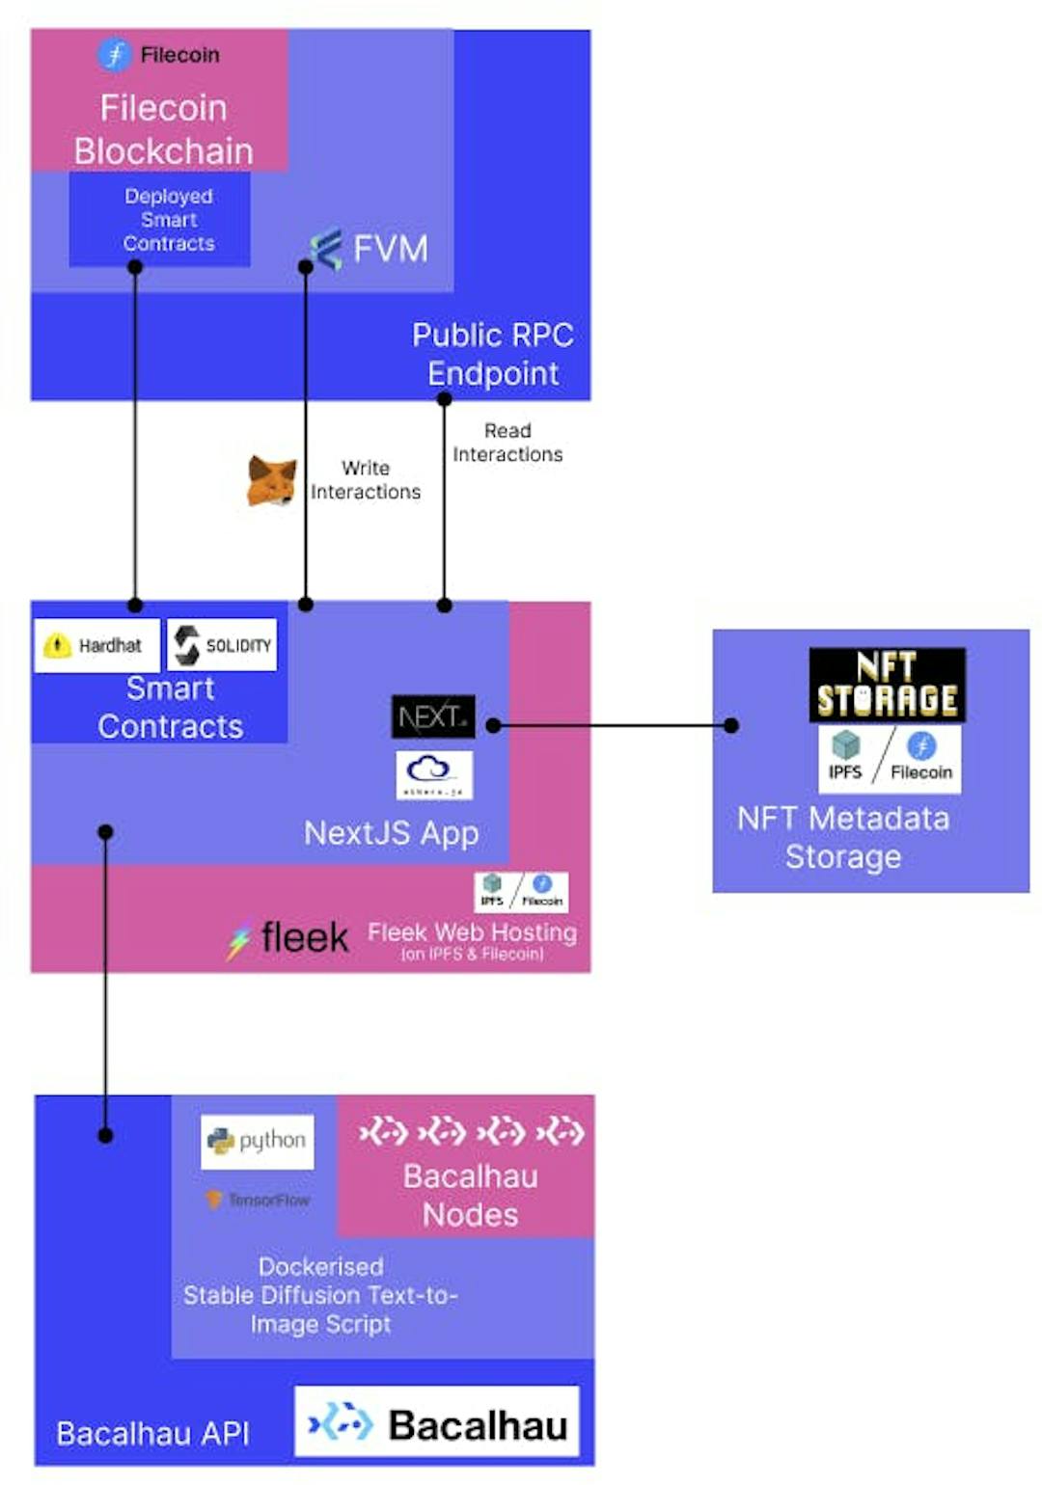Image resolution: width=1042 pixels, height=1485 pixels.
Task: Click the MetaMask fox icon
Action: click(x=271, y=480)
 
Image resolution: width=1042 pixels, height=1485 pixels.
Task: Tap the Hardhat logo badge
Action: click(x=97, y=645)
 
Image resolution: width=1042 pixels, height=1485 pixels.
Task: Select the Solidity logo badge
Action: click(x=223, y=645)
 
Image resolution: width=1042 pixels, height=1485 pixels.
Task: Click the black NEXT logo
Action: click(x=433, y=716)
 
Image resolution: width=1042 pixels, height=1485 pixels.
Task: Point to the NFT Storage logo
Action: click(x=887, y=685)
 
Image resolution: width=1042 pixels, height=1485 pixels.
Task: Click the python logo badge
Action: click(x=258, y=1142)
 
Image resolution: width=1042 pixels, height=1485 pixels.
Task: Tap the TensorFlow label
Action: click(x=258, y=1200)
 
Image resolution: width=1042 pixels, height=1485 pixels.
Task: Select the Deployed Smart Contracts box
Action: click(x=160, y=220)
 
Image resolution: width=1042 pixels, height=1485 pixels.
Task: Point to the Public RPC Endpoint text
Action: click(x=493, y=354)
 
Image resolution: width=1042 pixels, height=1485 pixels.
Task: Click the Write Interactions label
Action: click(x=366, y=480)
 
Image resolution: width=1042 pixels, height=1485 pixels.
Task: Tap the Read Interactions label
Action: click(x=507, y=443)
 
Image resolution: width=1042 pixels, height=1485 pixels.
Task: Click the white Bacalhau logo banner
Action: click(x=437, y=1421)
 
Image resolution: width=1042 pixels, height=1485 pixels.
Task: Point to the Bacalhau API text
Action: click(x=152, y=1433)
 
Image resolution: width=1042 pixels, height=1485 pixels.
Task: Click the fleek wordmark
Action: click(x=304, y=937)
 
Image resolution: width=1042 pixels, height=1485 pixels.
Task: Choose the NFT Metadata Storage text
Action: click(x=843, y=837)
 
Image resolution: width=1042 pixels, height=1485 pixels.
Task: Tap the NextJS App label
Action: click(x=391, y=833)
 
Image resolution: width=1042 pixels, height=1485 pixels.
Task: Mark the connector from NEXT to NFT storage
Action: click(x=613, y=725)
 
